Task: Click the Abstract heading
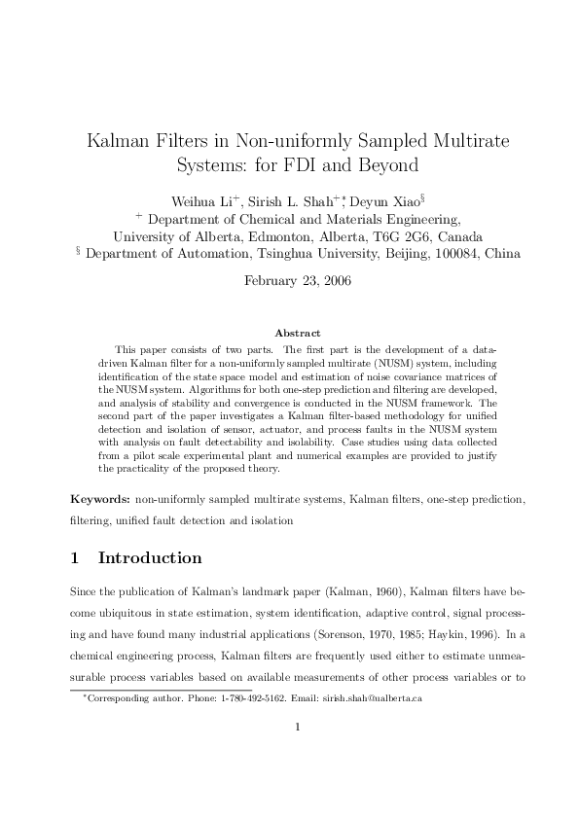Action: (x=298, y=334)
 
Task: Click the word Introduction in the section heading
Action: (x=151, y=558)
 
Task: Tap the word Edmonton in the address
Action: (x=251, y=236)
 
